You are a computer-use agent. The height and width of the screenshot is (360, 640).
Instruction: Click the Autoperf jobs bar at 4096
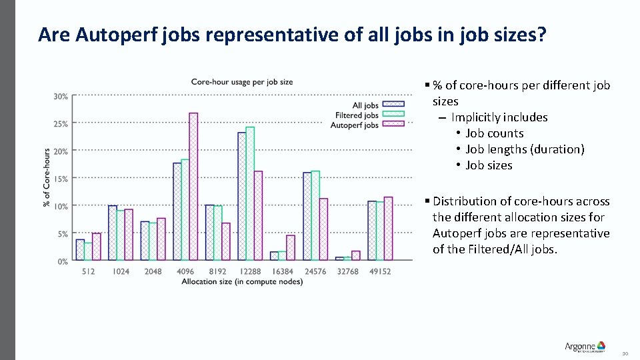pos(193,187)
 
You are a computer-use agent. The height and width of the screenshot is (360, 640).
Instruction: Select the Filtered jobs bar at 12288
pos(250,193)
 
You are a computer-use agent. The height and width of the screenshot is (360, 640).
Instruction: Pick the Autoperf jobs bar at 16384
pos(291,247)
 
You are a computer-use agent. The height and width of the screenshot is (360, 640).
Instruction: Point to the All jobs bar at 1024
pos(113,233)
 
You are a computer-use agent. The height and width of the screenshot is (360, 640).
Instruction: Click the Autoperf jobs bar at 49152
pos(389,228)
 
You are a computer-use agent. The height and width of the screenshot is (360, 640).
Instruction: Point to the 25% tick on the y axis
pos(61,124)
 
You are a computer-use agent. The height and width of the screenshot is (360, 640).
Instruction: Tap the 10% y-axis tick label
pos(61,207)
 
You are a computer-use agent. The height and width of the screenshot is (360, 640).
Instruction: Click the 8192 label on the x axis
pos(217,271)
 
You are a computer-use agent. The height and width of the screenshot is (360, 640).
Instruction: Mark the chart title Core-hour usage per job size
pos(242,82)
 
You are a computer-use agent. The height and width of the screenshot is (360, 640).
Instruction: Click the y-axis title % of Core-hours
pos(47,177)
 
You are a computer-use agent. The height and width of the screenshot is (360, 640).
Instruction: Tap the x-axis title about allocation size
pos(242,282)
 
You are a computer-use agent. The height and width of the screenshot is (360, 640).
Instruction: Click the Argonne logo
pos(585,346)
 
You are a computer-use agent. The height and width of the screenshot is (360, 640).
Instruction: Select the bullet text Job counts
pos(495,133)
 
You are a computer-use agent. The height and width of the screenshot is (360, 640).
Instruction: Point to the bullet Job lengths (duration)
pos(525,149)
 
